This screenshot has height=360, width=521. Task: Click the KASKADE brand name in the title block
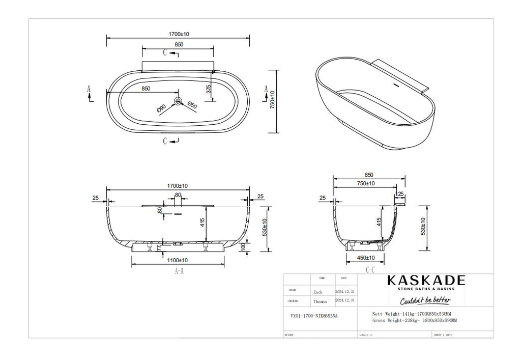426,281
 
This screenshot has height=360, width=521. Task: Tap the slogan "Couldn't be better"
425,300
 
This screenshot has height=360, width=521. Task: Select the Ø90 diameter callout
161,108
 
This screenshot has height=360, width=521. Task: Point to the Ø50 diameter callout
192,105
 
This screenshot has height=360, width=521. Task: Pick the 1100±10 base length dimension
178,260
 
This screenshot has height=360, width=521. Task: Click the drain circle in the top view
178,101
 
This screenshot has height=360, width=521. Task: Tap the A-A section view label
179,271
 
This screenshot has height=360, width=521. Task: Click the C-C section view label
370,269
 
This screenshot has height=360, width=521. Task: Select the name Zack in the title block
318,292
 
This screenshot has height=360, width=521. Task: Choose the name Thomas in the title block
321,301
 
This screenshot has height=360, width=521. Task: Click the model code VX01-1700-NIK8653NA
310,316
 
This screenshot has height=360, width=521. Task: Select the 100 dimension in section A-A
243,246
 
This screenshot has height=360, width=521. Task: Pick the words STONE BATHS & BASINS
425,289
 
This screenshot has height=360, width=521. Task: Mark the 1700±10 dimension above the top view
178,34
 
